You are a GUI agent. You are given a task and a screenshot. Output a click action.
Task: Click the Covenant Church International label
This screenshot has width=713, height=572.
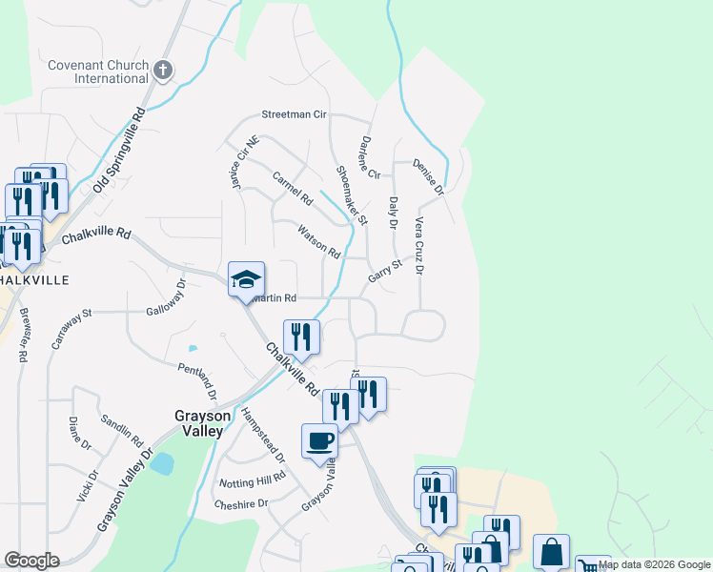point(98,71)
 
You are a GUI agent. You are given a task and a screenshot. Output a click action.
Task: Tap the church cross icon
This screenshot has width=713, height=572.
point(163,70)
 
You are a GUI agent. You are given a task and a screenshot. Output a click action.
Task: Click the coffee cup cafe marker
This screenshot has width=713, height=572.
point(319,441)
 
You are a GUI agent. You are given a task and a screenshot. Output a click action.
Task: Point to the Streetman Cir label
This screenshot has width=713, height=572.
point(295,114)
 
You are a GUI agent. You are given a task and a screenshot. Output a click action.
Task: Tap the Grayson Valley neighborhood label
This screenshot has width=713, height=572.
point(198,423)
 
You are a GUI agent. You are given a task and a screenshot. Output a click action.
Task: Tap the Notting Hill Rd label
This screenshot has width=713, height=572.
point(253,479)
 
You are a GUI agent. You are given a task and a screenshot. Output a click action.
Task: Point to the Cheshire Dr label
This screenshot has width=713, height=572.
point(241,504)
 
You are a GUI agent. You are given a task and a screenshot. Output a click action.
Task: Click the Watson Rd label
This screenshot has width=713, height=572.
point(318,241)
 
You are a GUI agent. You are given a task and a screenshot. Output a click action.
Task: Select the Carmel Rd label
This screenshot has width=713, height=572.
point(293,189)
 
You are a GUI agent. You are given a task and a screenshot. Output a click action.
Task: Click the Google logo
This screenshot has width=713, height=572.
point(31,561)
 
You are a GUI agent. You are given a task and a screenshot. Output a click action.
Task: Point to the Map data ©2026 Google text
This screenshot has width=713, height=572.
point(655,565)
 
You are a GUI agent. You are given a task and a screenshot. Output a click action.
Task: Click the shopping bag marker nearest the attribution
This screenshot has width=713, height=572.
point(551,551)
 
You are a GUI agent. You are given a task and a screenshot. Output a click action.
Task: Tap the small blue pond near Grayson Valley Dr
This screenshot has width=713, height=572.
point(162,464)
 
